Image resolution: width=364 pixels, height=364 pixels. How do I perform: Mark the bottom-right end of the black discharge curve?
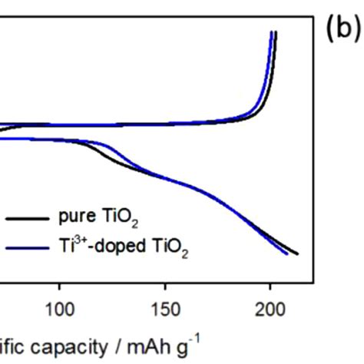297,253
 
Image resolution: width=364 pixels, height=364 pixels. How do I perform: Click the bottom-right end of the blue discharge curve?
287,254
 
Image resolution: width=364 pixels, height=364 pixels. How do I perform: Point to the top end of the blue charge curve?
270,33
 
